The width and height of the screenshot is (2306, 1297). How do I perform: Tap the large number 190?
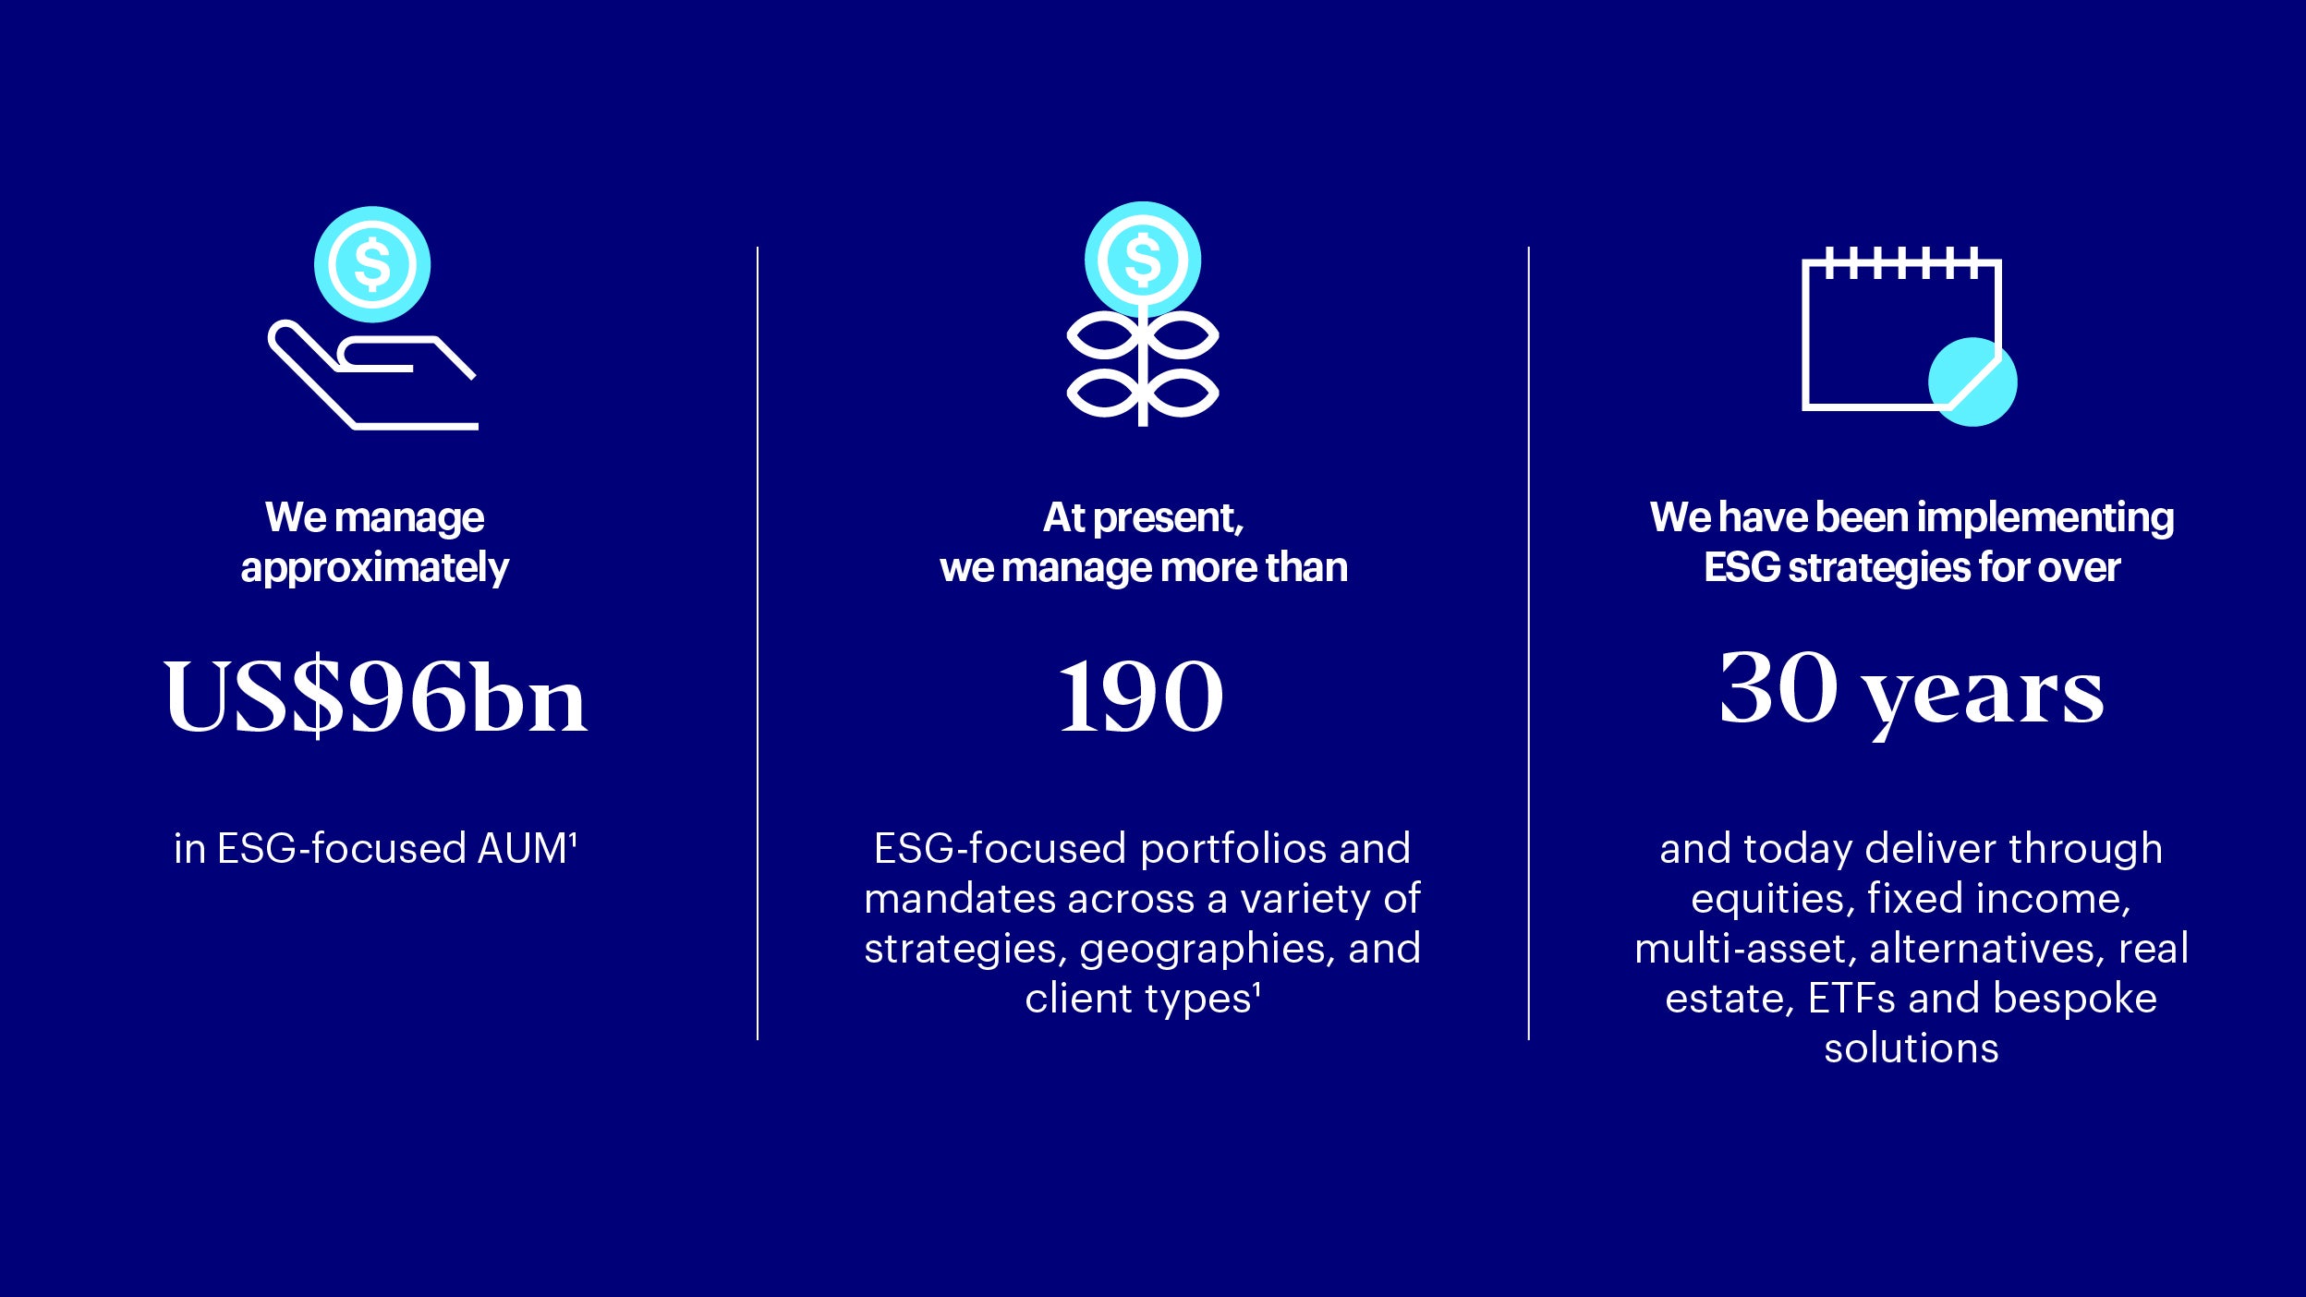[x=1142, y=697]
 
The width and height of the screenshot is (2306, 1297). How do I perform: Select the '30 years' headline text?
[x=1912, y=691]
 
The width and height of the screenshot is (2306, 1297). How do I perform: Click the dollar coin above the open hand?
[x=372, y=264]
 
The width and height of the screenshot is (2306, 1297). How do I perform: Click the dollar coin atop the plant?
[x=1143, y=260]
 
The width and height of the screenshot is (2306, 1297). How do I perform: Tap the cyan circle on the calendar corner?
[x=1972, y=382]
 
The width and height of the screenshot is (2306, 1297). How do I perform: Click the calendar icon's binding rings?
[x=1901, y=262]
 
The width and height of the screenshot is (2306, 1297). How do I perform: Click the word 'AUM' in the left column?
[x=521, y=849]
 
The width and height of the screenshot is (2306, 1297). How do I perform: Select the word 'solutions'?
[x=1912, y=1049]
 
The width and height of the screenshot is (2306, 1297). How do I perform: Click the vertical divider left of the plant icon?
[x=758, y=643]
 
